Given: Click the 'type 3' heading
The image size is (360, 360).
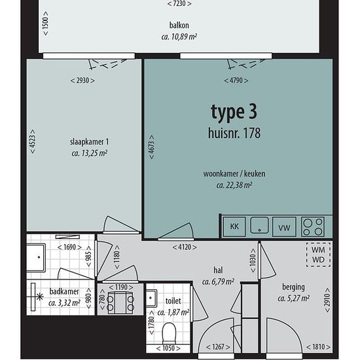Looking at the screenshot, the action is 234,113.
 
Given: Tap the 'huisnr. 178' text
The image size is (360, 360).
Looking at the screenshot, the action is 234,133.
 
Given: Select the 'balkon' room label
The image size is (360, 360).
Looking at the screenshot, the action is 179,25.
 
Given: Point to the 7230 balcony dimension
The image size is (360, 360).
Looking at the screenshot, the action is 179,3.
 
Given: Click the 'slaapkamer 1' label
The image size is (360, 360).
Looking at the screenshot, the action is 89,141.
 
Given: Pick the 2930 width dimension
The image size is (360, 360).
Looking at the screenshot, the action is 82,81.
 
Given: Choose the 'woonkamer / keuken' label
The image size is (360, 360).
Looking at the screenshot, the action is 234,173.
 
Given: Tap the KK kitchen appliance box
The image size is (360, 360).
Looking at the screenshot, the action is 234,226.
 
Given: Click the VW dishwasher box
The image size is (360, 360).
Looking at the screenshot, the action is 284,226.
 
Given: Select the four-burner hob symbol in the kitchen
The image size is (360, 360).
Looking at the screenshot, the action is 313,226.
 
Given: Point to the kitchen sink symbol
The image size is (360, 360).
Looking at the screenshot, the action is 259,225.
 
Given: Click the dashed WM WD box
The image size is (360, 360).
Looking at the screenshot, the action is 319,255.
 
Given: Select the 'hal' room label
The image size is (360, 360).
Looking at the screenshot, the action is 218,270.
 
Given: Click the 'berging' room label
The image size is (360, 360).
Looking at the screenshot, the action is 293,287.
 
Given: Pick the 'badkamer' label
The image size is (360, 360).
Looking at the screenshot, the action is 64,291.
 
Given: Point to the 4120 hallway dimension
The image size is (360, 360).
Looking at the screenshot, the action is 185,247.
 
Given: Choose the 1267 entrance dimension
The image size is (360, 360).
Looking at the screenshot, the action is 218,347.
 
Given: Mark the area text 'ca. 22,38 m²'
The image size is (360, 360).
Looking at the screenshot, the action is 234,185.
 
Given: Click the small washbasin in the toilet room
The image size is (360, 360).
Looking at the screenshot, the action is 151,298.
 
